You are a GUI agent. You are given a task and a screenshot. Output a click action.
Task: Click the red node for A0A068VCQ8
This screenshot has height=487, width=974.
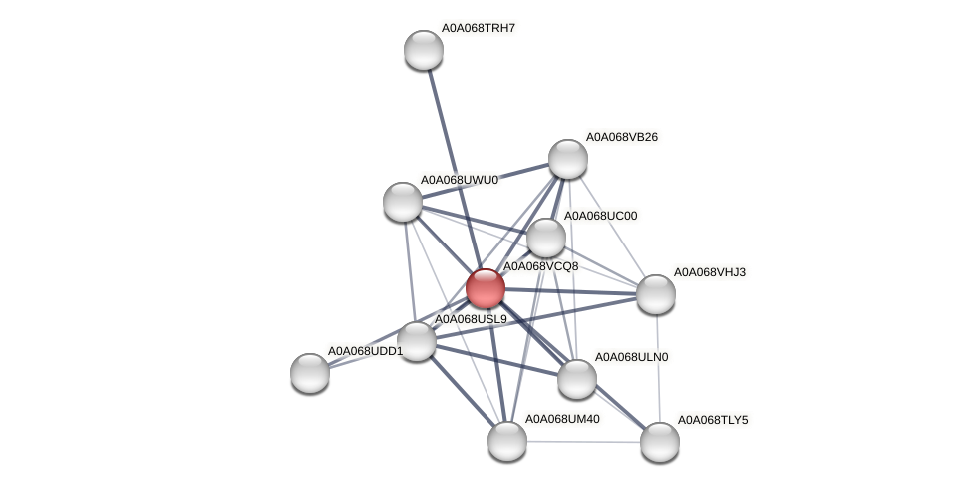click(x=486, y=288)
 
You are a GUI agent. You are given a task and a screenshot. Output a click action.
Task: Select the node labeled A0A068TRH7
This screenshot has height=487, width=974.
click(x=424, y=50)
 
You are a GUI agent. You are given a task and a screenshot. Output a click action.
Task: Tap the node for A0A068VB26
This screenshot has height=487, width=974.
click(x=568, y=159)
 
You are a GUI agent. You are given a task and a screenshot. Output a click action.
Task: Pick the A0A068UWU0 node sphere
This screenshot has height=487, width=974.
click(x=403, y=202)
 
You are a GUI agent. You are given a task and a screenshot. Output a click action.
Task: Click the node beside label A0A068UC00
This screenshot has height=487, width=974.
click(x=545, y=238)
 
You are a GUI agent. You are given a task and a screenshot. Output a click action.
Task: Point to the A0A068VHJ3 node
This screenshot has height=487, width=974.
click(x=656, y=293)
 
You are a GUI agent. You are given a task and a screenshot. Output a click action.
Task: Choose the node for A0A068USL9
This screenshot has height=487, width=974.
click(x=417, y=341)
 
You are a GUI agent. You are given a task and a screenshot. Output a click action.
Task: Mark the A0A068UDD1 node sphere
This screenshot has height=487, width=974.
click(x=310, y=372)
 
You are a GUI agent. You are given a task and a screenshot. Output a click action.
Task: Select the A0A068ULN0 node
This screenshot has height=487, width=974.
click(x=577, y=379)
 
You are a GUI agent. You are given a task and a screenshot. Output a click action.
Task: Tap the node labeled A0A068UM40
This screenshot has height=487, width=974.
click(x=507, y=441)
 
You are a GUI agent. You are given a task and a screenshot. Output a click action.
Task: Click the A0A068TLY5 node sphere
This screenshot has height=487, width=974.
click(x=660, y=442)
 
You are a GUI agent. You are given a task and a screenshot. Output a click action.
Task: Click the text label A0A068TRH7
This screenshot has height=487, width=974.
click(x=479, y=28)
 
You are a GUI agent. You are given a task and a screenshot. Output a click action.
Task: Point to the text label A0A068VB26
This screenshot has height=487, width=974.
click(x=621, y=137)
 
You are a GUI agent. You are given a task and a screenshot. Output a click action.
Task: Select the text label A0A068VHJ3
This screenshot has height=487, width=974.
click(x=709, y=272)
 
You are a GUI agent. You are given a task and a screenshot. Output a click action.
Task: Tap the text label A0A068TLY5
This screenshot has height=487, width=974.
click(x=713, y=420)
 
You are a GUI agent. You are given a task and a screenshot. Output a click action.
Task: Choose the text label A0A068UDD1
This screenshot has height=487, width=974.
click(x=365, y=351)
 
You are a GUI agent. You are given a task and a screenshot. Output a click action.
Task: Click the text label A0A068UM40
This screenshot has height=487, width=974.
click(x=562, y=419)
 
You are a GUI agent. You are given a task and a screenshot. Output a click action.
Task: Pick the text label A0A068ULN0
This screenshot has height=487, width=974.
click(x=631, y=357)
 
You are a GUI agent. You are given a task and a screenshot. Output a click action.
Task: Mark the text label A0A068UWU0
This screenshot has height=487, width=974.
click(x=459, y=180)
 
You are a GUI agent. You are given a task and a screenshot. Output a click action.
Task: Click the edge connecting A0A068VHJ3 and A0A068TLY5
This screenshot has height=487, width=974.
click(x=658, y=367)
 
